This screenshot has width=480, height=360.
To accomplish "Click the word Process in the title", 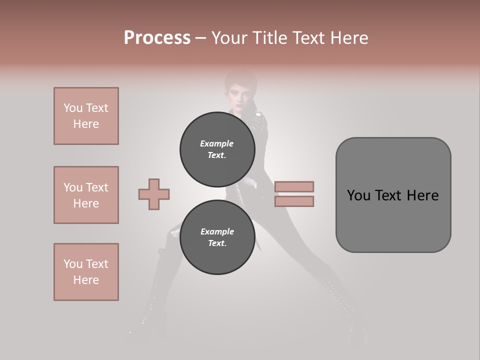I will coord(157,37).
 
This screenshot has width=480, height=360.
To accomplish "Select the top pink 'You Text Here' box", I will coord(86,116).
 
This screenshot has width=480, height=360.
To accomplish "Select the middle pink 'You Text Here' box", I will coord(86,195).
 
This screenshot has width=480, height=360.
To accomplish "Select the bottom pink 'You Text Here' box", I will coord(86,271).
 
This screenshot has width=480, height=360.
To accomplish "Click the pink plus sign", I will coord(154,194).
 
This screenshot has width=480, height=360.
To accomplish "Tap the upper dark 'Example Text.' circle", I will coord(217,149).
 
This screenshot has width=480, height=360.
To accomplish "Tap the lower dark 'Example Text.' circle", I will coord(217,237).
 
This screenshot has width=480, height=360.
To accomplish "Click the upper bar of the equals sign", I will coord(294,186).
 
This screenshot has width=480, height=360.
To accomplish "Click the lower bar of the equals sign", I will coord(294,201).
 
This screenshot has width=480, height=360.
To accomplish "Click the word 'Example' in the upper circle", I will coord(217,143).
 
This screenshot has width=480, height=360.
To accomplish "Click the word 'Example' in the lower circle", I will coord(217,231).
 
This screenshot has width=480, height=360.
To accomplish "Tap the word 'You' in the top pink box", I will coord(73,108).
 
